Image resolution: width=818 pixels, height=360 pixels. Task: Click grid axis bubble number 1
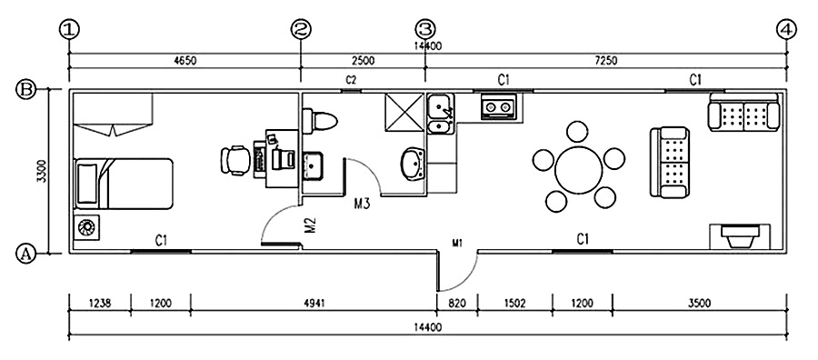[69, 30]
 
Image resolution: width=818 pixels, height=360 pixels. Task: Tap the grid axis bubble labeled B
[26, 90]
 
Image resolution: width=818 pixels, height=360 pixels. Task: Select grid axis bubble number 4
[786, 30]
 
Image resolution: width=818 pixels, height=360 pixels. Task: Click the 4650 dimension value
[185, 61]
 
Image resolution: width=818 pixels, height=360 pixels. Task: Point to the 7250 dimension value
[605, 61]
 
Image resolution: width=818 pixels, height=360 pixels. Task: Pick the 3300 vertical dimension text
[42, 172]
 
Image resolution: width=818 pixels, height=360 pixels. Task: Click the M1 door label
[457, 243]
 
